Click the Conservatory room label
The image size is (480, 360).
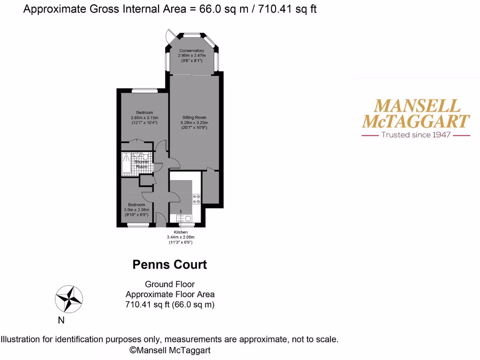tap(191, 51)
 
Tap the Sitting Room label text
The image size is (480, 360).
tap(194, 118)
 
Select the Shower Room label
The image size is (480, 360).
tap(142, 164)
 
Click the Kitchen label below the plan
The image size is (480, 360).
tap(180, 232)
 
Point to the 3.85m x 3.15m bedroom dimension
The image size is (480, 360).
tap(144, 118)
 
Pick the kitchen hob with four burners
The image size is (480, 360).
tap(196, 199)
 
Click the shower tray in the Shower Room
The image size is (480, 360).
tap(127, 164)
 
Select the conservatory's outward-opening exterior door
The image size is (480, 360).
tap(169, 35)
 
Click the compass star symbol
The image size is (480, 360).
tap(69, 299)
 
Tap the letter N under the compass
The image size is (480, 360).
tap(61, 321)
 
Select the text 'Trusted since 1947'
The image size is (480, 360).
tap(416, 135)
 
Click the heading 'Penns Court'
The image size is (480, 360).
tap(170, 265)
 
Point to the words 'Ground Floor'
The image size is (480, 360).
tap(170, 284)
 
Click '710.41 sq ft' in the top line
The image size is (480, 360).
tap(287, 9)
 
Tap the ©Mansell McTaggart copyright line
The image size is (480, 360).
tap(170, 350)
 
